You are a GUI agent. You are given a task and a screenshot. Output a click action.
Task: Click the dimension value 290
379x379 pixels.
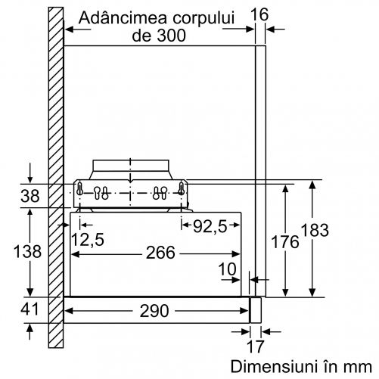(x=154, y=311)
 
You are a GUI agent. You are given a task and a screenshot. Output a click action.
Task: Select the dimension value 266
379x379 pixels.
(x=160, y=253)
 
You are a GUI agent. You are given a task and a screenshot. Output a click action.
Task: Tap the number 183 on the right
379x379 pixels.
(x=315, y=230)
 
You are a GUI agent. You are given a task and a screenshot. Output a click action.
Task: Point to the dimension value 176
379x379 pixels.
(x=285, y=242)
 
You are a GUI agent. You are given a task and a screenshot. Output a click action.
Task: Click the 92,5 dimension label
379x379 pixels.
(x=210, y=226)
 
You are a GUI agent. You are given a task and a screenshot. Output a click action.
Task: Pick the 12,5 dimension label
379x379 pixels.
(x=88, y=239)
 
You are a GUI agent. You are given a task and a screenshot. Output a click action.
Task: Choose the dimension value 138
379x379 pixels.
(x=27, y=251)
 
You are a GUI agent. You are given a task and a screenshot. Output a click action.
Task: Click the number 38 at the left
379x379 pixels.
(x=30, y=196)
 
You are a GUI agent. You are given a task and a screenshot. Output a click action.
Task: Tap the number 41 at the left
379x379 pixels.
(x=30, y=309)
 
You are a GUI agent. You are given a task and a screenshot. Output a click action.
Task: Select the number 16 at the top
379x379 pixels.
(x=259, y=14)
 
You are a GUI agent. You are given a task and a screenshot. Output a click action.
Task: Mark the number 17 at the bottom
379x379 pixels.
(x=256, y=346)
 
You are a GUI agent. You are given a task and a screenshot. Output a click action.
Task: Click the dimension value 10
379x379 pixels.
(x=227, y=269)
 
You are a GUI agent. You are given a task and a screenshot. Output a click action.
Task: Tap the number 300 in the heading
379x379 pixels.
(x=171, y=36)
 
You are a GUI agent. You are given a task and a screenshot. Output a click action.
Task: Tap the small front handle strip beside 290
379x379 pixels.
(x=255, y=310)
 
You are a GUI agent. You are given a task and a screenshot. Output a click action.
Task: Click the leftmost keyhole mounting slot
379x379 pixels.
(x=79, y=189)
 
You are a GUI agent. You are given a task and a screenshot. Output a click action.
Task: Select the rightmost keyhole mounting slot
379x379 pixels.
(x=181, y=189)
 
